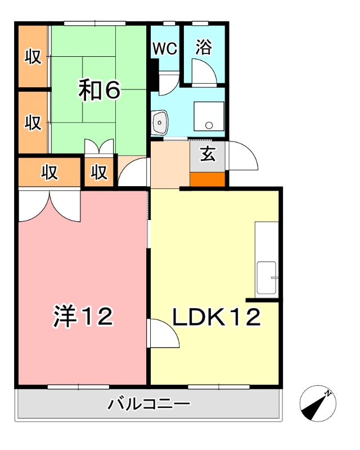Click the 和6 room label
[99, 89]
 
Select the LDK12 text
[216, 317]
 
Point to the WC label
[165, 48]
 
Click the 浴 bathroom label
[204, 48]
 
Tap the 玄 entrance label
[208, 154]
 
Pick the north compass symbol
[318, 404]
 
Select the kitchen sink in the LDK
[267, 278]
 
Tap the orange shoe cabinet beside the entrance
[208, 179]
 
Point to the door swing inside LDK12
[163, 333]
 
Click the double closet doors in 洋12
[49, 205]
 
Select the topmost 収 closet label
[33, 57]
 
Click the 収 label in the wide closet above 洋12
[49, 173]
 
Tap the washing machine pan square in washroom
[209, 117]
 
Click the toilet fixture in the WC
[166, 76]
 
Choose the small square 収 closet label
[100, 173]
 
